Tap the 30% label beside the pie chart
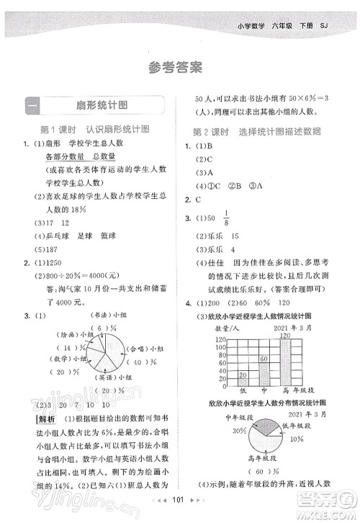click(x=237, y=429)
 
